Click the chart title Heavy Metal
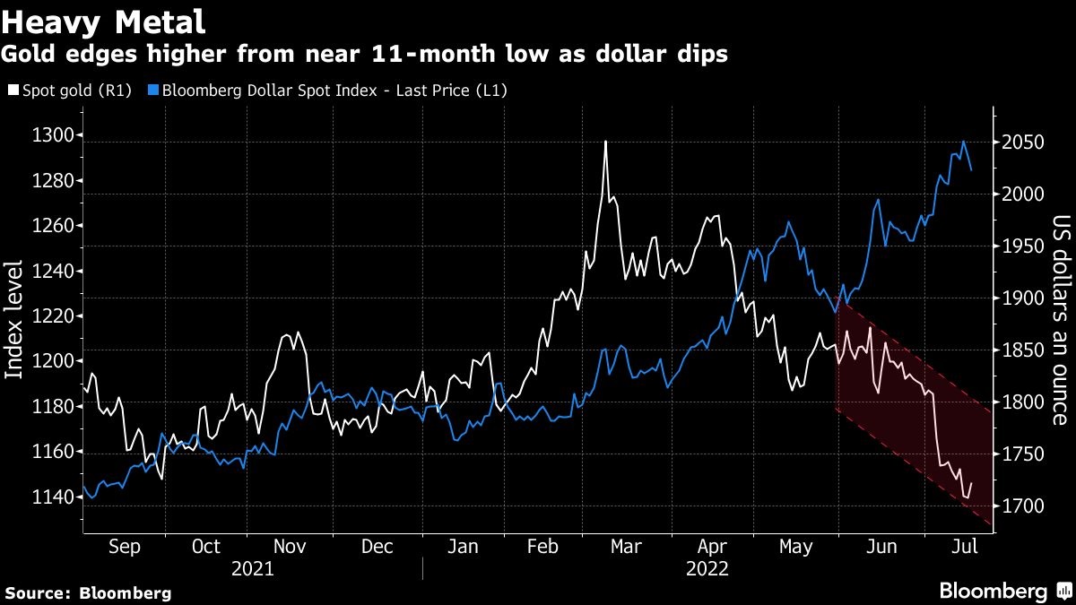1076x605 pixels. click(x=104, y=21)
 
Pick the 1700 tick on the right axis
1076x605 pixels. click(x=1023, y=506)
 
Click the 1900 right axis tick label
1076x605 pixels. click(x=1023, y=298)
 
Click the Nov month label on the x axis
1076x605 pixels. click(x=289, y=547)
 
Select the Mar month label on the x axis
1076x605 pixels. click(x=625, y=547)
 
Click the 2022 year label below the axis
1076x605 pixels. click(x=707, y=568)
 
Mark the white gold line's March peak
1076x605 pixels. click(x=606, y=142)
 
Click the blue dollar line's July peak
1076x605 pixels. click(x=964, y=142)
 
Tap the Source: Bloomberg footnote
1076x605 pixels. click(x=88, y=592)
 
